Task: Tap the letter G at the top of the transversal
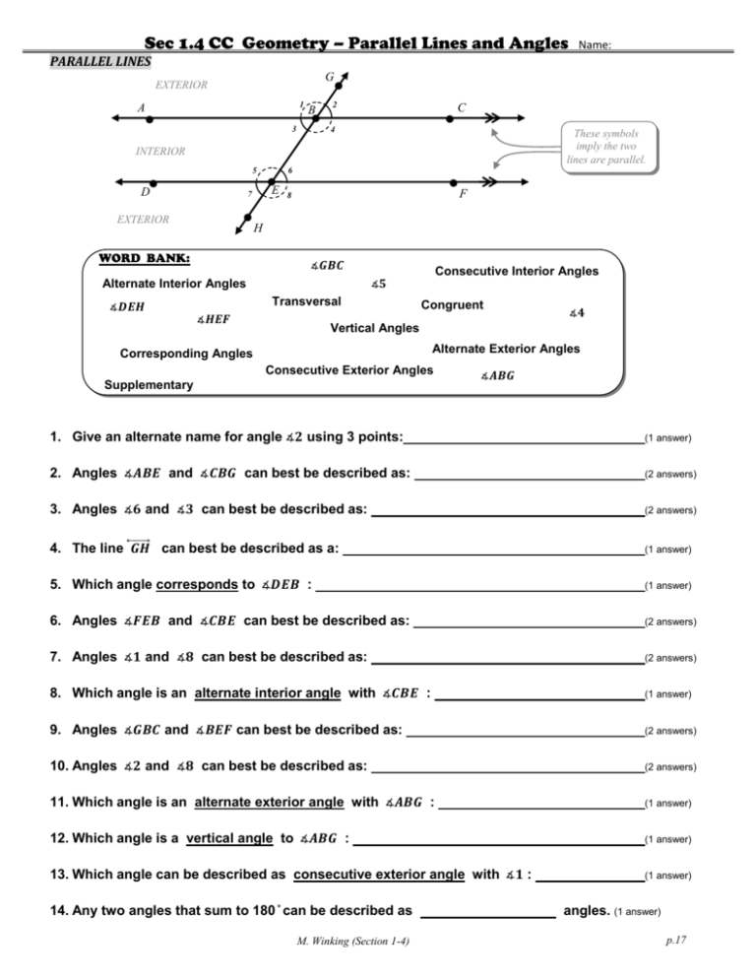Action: pos(327,76)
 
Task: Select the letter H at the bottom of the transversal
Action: pos(257,228)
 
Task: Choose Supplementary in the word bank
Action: pos(149,385)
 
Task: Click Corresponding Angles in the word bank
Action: pos(185,354)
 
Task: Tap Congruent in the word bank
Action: pos(452,304)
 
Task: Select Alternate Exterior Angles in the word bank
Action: pos(506,348)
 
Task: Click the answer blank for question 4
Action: pos(492,547)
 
